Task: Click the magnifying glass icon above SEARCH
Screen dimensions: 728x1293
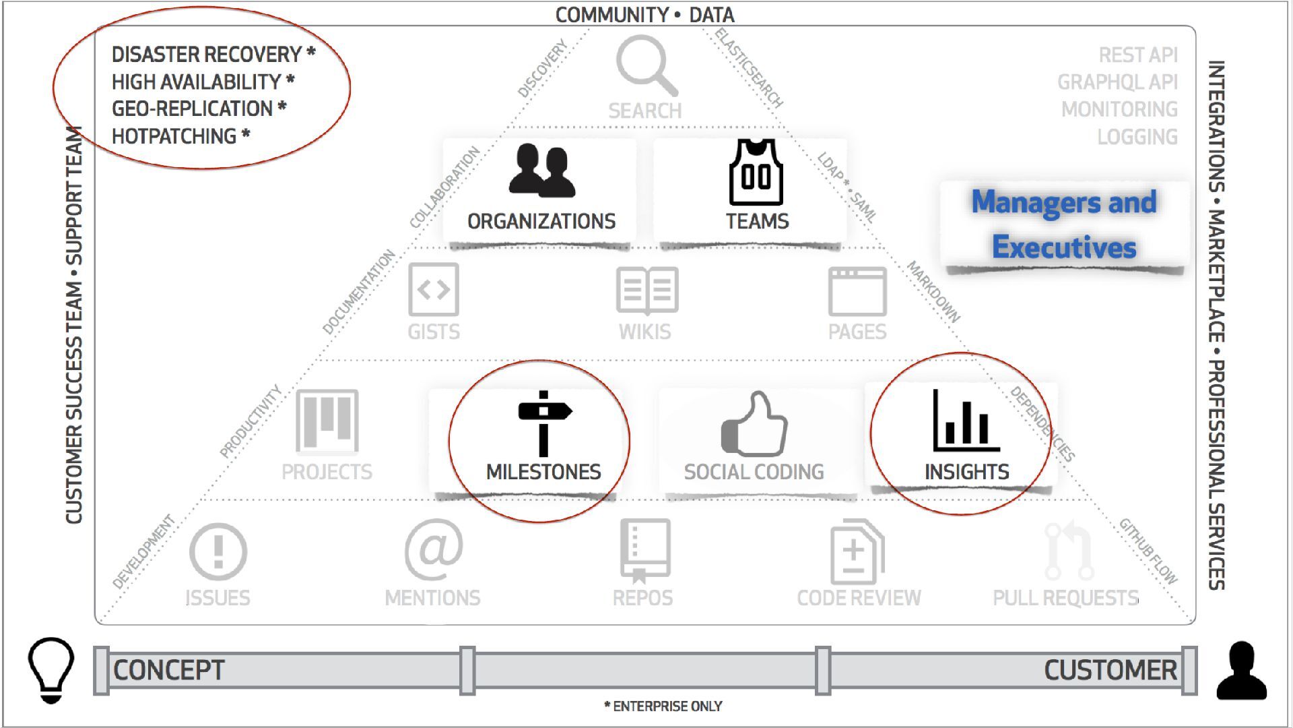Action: [x=644, y=65]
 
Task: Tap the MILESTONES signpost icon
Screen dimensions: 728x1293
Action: [x=543, y=423]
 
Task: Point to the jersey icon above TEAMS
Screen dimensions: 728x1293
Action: [x=756, y=173]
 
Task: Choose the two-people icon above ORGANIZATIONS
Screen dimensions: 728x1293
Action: [x=542, y=171]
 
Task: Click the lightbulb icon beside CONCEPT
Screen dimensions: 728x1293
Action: [x=51, y=669]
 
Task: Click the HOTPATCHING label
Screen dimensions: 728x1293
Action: [x=174, y=136]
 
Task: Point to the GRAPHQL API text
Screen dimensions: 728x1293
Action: [x=1117, y=82]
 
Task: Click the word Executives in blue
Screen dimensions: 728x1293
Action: [x=1064, y=247]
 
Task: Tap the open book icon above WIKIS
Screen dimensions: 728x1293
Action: [x=646, y=291]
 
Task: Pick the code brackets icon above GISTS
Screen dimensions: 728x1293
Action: [x=434, y=290]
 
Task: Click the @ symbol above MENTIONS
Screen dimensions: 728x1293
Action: [x=434, y=549]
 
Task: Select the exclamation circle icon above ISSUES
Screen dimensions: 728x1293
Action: [x=218, y=552]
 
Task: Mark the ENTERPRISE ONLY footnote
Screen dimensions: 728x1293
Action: [x=664, y=706]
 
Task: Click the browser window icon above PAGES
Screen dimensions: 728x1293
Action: [x=857, y=291]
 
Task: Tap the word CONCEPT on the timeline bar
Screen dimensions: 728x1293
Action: [x=168, y=670]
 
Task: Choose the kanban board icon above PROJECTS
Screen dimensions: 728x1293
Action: [x=327, y=421]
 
